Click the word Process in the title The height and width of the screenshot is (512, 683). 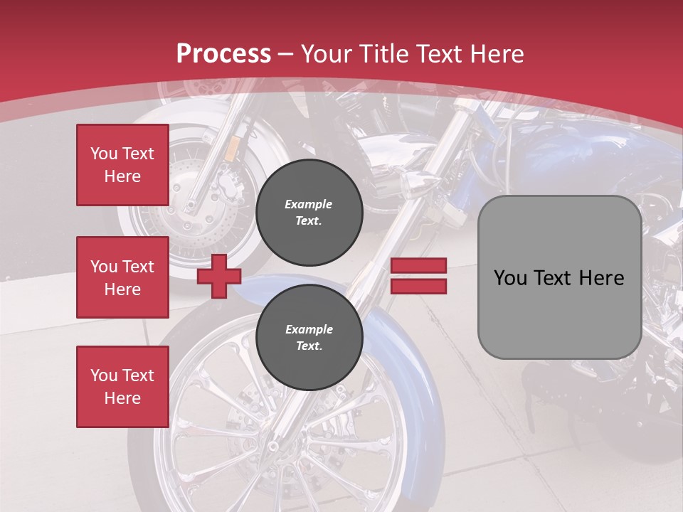(x=223, y=54)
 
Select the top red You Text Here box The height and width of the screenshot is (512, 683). (x=122, y=165)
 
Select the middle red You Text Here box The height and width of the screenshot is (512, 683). (x=122, y=277)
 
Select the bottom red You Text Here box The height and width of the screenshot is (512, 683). (x=122, y=387)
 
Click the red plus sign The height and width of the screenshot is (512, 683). (x=218, y=276)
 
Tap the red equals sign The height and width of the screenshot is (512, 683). (x=418, y=276)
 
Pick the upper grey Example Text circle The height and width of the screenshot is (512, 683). (x=309, y=213)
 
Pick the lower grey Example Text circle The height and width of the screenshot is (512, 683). (x=309, y=338)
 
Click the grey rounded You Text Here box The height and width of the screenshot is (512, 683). (x=559, y=277)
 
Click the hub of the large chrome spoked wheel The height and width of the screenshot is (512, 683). (x=272, y=446)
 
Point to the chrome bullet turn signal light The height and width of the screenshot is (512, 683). (x=416, y=186)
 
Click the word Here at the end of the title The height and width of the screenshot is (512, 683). (x=497, y=54)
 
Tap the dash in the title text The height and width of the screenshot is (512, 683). (x=285, y=54)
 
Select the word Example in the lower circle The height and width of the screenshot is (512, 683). (x=309, y=329)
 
